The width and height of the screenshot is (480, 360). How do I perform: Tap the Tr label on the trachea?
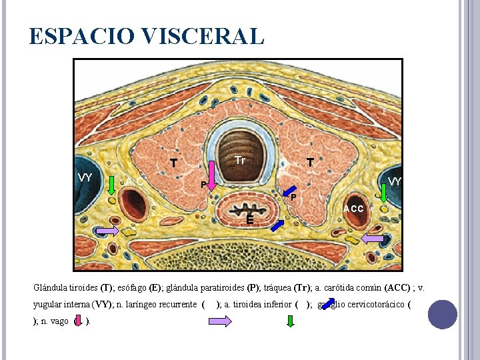pos(240,161)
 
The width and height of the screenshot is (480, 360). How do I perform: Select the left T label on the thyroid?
pos(173,163)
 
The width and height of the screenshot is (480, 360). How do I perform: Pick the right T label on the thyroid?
pos(310,162)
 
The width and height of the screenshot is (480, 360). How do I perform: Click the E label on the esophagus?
pos(249,221)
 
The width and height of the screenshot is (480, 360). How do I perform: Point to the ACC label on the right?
pos(353,209)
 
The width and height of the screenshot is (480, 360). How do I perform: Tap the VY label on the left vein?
pos(85,177)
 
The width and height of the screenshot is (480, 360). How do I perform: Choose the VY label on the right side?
pos(395,181)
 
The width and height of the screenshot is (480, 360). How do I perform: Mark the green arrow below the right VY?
pos(385,193)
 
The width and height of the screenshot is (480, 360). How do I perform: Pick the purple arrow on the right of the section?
pos(372,238)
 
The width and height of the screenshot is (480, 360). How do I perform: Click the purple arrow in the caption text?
pos(219,321)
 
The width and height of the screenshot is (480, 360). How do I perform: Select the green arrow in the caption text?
pos(290,321)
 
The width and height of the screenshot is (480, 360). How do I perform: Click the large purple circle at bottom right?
pos(442,314)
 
